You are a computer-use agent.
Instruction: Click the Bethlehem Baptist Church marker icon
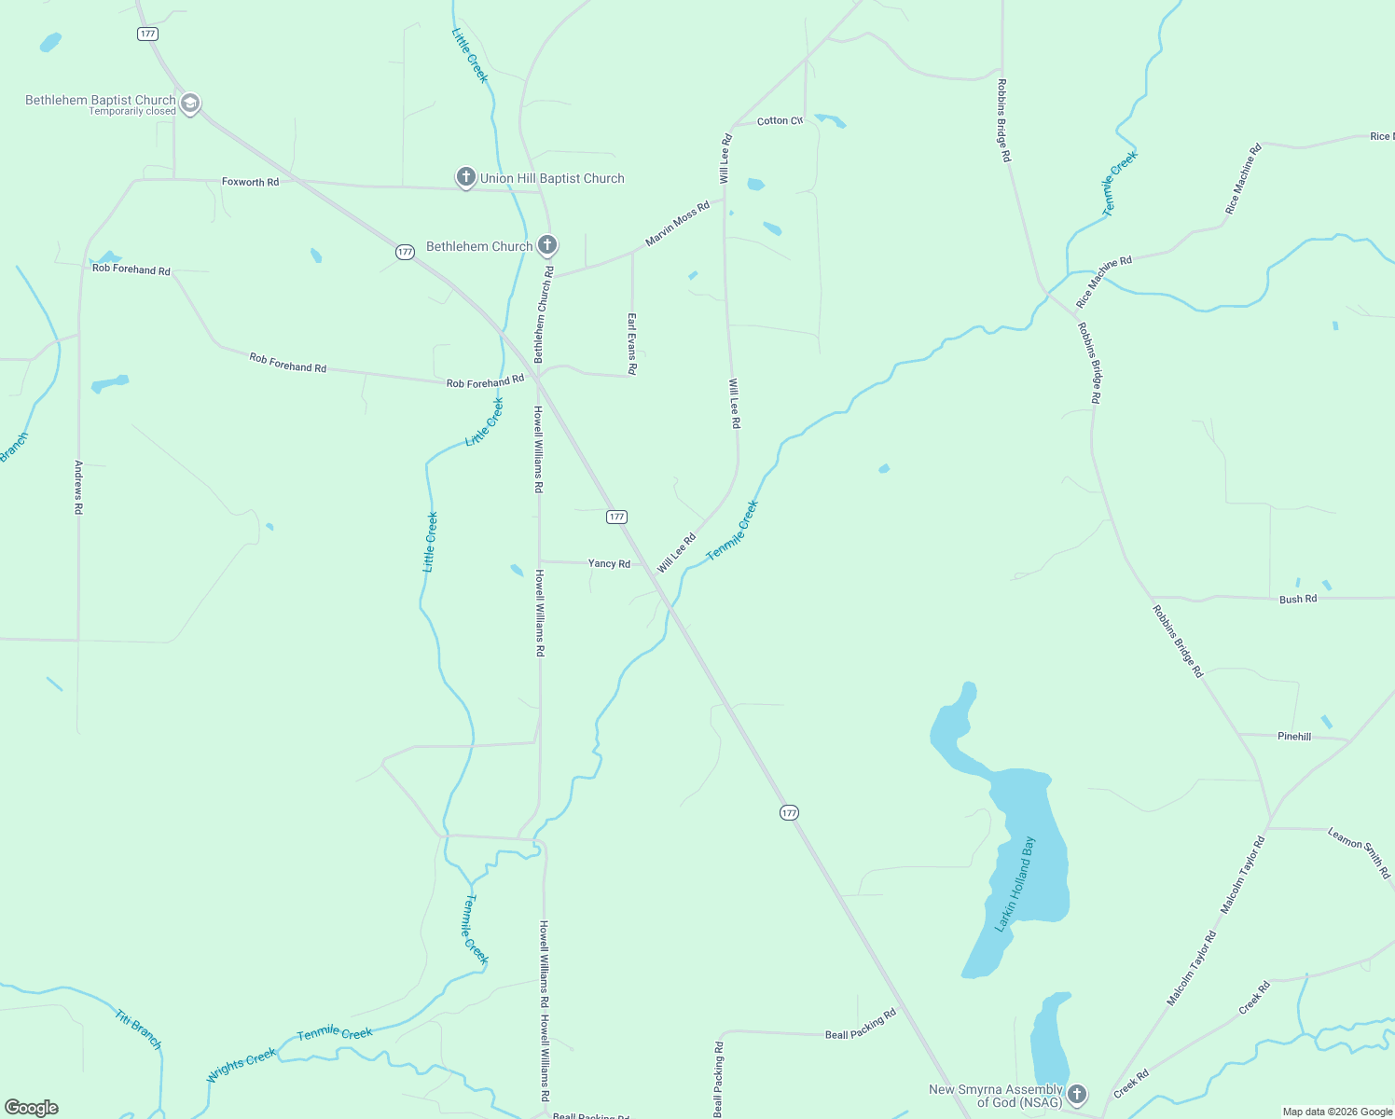[x=190, y=103]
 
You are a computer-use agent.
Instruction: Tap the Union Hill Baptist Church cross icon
[x=466, y=177]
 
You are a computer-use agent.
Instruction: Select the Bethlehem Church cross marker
[x=547, y=245]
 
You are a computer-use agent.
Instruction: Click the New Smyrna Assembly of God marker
[x=1077, y=1094]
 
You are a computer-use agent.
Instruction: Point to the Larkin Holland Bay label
[x=1016, y=884]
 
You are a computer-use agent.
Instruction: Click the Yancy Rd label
[x=609, y=563]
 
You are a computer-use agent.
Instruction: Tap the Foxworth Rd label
[x=250, y=182]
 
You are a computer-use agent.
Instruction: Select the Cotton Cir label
[x=780, y=121]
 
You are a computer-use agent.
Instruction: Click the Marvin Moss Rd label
[x=677, y=224]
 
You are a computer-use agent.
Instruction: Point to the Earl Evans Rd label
[x=631, y=343]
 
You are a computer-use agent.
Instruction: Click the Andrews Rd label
[x=79, y=487]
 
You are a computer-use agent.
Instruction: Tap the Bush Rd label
[x=1298, y=599]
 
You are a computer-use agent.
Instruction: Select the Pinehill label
[x=1294, y=737]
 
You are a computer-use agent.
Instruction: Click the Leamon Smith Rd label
[x=1359, y=852]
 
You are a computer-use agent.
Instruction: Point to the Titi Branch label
[x=139, y=1029]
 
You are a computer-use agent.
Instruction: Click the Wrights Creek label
[x=242, y=1064]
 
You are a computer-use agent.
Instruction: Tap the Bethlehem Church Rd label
[x=543, y=314]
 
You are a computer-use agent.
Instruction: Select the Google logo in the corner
[x=32, y=1107]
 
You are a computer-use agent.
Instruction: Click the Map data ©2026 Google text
[x=1337, y=1112]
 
